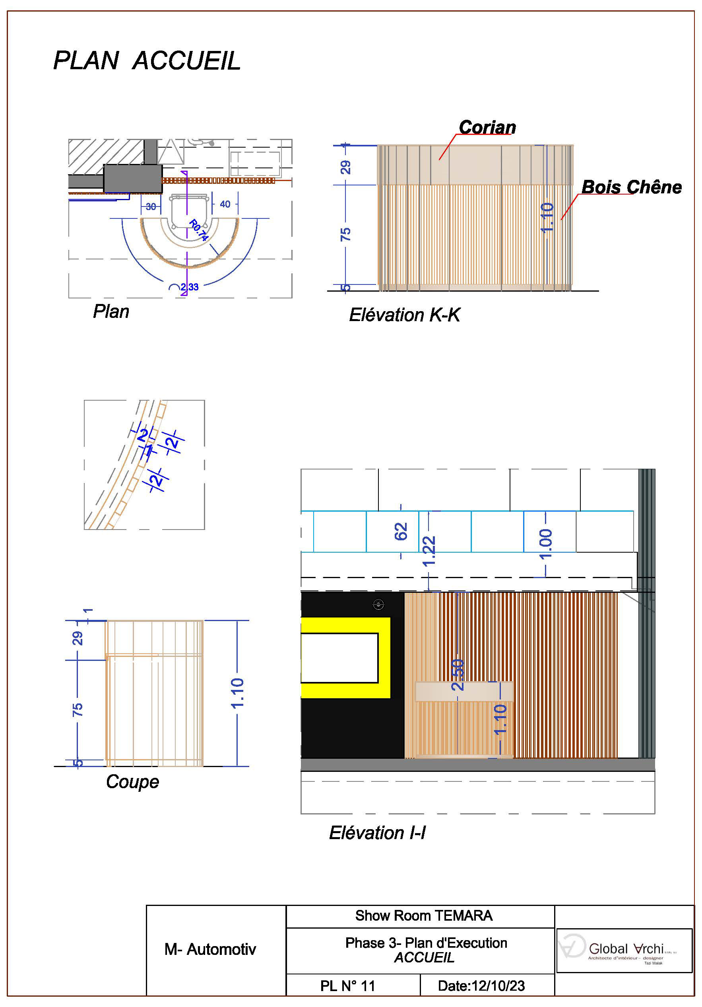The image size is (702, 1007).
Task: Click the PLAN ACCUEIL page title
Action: click(x=147, y=60)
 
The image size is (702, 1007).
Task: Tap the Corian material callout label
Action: click(x=487, y=127)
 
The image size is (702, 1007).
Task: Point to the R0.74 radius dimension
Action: click(x=198, y=230)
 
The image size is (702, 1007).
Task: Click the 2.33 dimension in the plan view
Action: click(x=189, y=287)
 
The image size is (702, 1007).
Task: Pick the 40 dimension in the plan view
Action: click(x=225, y=204)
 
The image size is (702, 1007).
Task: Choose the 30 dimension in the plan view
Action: click(x=151, y=206)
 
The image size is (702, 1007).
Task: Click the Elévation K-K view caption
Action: click(x=404, y=315)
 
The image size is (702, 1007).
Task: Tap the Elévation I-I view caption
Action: click(x=377, y=832)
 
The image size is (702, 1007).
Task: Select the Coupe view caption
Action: click(x=132, y=781)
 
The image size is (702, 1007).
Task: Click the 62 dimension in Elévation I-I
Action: click(x=401, y=531)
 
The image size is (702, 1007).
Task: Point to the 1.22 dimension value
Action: click(x=429, y=551)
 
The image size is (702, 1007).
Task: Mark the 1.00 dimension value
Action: click(x=545, y=544)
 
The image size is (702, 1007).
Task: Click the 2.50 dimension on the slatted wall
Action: click(x=457, y=674)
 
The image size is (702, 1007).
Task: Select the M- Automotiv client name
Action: click(x=210, y=949)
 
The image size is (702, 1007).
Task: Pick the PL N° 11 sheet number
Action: click(x=347, y=986)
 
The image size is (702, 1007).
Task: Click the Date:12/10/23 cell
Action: click(x=481, y=986)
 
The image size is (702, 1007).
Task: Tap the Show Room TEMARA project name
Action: click(x=423, y=915)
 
